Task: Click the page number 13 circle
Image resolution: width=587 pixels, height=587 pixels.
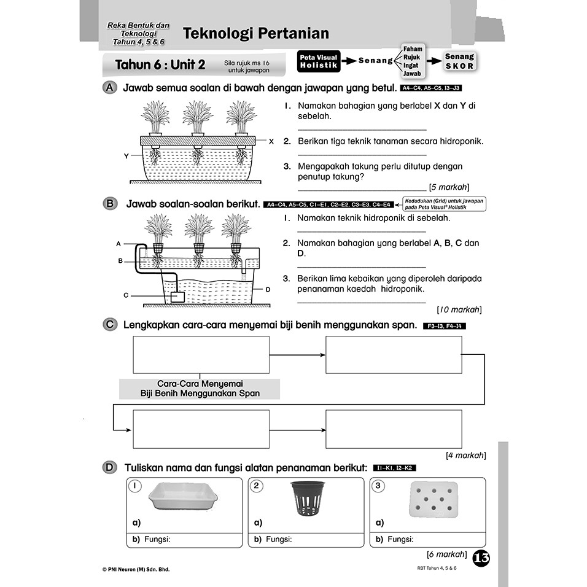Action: pyautogui.click(x=481, y=558)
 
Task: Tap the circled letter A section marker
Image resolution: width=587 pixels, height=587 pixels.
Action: pyautogui.click(x=109, y=88)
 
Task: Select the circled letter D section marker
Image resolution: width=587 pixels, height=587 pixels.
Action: pyautogui.click(x=109, y=468)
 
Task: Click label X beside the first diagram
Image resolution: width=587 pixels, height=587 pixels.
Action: pyautogui.click(x=271, y=141)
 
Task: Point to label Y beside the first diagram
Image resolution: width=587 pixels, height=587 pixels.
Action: pyautogui.click(x=126, y=156)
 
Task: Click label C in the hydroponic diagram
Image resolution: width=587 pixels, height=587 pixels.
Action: pyautogui.click(x=126, y=295)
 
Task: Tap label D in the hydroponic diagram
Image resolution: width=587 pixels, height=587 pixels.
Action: pyautogui.click(x=268, y=289)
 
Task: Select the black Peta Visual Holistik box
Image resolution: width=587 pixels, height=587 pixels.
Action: pyautogui.click(x=319, y=61)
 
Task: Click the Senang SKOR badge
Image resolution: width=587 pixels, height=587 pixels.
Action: pyautogui.click(x=459, y=61)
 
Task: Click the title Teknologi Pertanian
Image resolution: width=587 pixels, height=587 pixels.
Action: pyautogui.click(x=256, y=33)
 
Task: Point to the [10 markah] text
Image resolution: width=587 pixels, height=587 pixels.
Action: pyautogui.click(x=459, y=309)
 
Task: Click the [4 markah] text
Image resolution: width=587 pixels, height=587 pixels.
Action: pyautogui.click(x=465, y=455)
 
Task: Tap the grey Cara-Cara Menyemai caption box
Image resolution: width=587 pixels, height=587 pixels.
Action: pyautogui.click(x=200, y=389)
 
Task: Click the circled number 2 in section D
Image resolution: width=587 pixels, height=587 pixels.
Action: pyautogui.click(x=258, y=486)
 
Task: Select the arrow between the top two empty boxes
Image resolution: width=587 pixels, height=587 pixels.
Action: pyautogui.click(x=297, y=355)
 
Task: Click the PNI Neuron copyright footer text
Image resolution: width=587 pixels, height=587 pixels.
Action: pyautogui.click(x=136, y=569)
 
